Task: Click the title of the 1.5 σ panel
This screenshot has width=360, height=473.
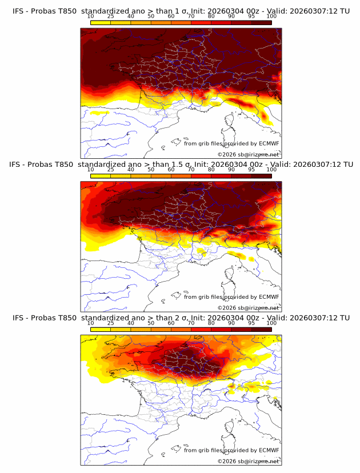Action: tap(180, 164)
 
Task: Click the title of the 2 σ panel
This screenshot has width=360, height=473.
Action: tap(180, 318)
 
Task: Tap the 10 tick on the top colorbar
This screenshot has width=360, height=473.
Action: tap(91, 17)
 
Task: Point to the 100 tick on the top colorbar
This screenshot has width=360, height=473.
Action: tap(271, 17)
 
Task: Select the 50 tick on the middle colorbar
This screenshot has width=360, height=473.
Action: tap(151, 170)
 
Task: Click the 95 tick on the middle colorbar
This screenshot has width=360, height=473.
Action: tap(251, 170)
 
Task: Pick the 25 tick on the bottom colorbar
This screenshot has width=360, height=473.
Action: tap(111, 323)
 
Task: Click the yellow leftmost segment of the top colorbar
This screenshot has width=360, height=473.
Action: tap(101, 23)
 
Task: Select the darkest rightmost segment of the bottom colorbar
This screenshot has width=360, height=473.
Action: tap(261, 330)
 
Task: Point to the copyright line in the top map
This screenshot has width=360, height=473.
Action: tap(249, 154)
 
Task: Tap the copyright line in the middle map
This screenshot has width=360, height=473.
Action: tap(249, 307)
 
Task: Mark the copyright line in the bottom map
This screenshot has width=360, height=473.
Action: tap(249, 461)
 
